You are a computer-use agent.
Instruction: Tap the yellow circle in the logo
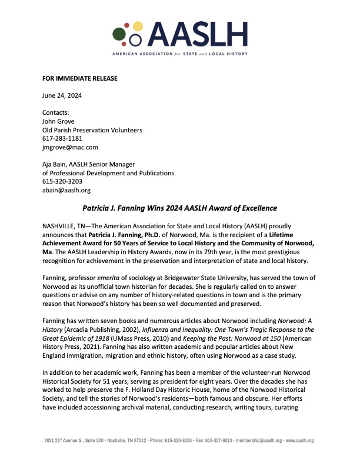138,26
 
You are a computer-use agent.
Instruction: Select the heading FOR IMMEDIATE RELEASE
80,78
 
